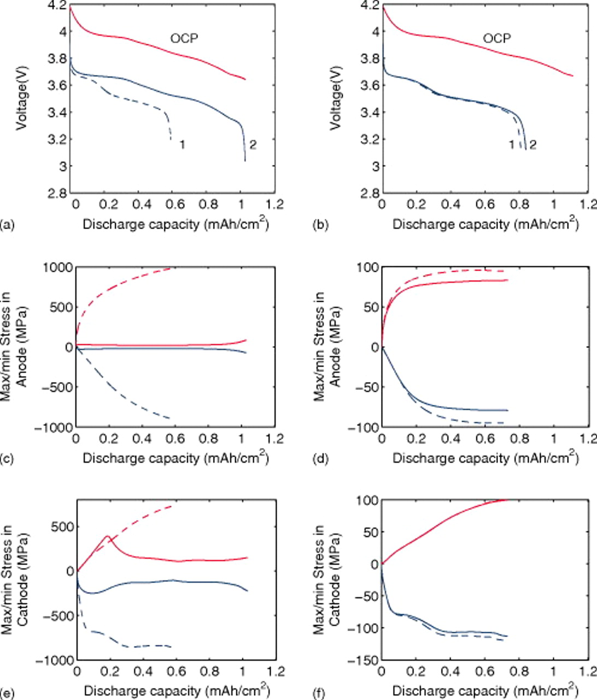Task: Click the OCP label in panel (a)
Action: point(184,38)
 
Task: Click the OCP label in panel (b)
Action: point(497,38)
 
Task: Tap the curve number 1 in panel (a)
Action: point(183,144)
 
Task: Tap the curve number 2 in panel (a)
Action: point(253,144)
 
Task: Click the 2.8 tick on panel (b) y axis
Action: point(370,193)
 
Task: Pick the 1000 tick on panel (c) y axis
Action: point(57,267)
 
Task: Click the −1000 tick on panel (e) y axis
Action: point(55,661)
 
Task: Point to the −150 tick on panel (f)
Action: point(366,661)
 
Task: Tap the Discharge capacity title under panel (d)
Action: point(485,458)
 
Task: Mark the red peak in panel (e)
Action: point(107,536)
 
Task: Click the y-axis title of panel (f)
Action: point(325,580)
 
